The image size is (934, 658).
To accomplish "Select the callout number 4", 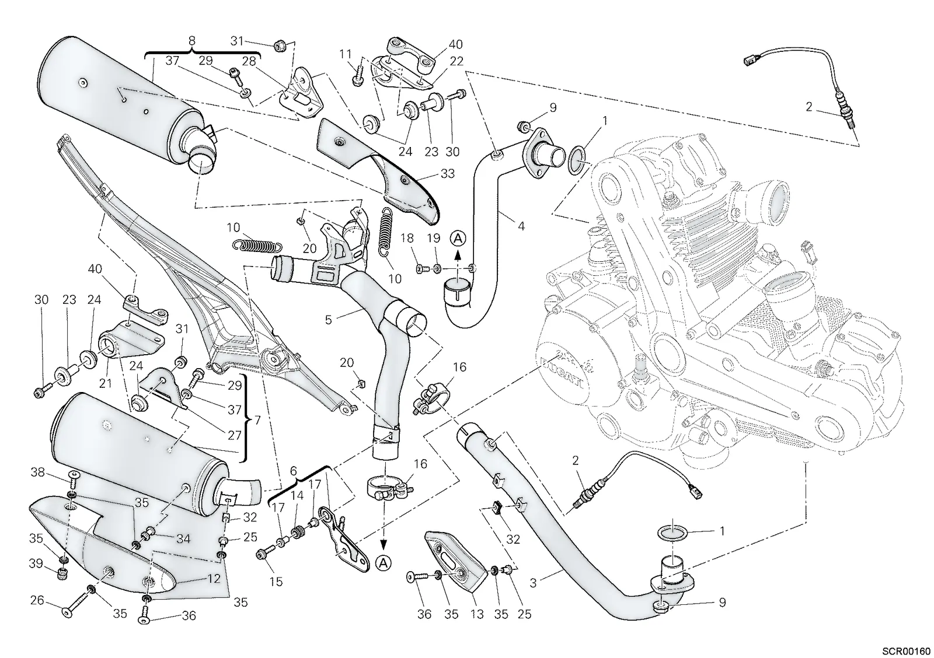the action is (x=521, y=226).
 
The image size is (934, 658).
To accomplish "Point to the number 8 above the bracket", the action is (x=191, y=40).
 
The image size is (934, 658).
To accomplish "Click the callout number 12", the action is (x=214, y=579).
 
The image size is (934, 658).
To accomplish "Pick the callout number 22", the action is (x=456, y=61).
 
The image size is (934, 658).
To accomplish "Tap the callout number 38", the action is (x=38, y=473).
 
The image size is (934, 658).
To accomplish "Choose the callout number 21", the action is (x=105, y=383).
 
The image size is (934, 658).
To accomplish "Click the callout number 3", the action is (x=534, y=583).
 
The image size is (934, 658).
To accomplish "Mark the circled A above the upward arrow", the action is (x=458, y=239).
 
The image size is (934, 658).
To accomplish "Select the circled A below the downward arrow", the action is (x=384, y=563).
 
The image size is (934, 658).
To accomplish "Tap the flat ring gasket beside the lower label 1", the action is (x=672, y=533).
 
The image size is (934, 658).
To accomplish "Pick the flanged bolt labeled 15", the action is (x=265, y=553).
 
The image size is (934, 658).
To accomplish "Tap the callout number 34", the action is (x=183, y=539).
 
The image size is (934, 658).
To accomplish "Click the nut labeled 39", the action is (x=62, y=575).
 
